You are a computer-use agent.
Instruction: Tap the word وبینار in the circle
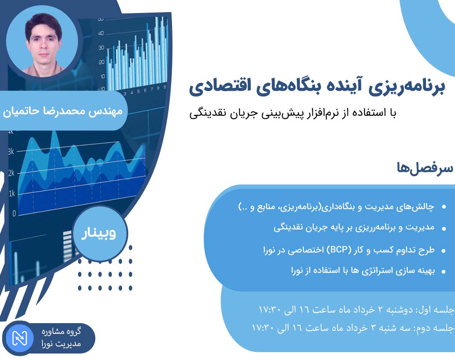coord(100,234)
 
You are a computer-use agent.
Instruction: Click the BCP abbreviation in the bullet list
coord(341,250)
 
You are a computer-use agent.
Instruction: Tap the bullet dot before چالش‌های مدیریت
coord(443,207)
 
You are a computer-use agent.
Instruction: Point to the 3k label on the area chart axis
coord(11,151)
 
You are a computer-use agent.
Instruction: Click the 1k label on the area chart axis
coord(11,193)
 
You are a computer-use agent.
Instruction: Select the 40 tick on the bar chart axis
coord(101,33)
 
